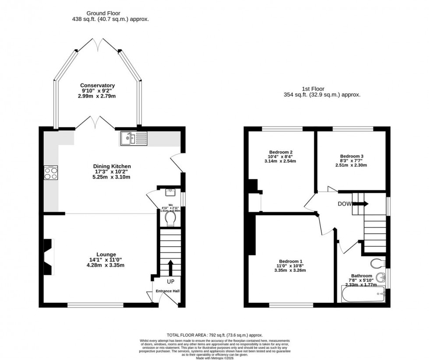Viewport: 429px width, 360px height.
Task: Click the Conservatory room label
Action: point(97,86)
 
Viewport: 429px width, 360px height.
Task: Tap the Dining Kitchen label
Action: point(112,166)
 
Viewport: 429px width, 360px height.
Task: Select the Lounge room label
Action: point(106,254)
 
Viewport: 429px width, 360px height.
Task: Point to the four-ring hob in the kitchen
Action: point(50,174)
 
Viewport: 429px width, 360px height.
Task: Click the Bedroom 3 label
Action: point(352,156)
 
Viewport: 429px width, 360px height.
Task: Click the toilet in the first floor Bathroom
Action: point(377,263)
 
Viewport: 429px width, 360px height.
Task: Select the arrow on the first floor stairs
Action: point(363,203)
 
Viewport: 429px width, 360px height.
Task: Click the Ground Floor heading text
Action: point(104,13)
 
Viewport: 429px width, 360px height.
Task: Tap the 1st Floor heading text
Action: point(322,88)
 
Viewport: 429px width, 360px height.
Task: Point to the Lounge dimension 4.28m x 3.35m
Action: point(106,265)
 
